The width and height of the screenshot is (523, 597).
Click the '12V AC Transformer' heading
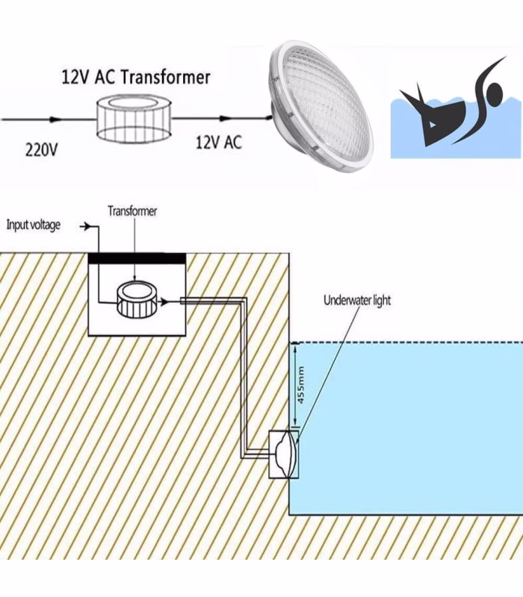click(136, 77)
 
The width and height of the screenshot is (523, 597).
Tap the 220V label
click(41, 149)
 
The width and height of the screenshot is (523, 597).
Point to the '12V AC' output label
click(219, 143)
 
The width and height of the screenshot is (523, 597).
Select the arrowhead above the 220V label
click(55, 119)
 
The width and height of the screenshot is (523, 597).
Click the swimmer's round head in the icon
click(495, 93)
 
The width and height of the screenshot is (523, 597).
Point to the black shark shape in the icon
click(431, 115)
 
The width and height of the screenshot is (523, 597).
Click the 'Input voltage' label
click(33, 225)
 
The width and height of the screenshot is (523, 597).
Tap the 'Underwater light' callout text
click(357, 300)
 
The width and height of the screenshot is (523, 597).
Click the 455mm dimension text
click(300, 385)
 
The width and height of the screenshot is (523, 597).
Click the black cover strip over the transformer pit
click(137, 258)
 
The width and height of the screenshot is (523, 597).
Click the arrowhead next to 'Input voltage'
click(87, 227)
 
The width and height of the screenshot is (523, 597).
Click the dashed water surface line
click(406, 343)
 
